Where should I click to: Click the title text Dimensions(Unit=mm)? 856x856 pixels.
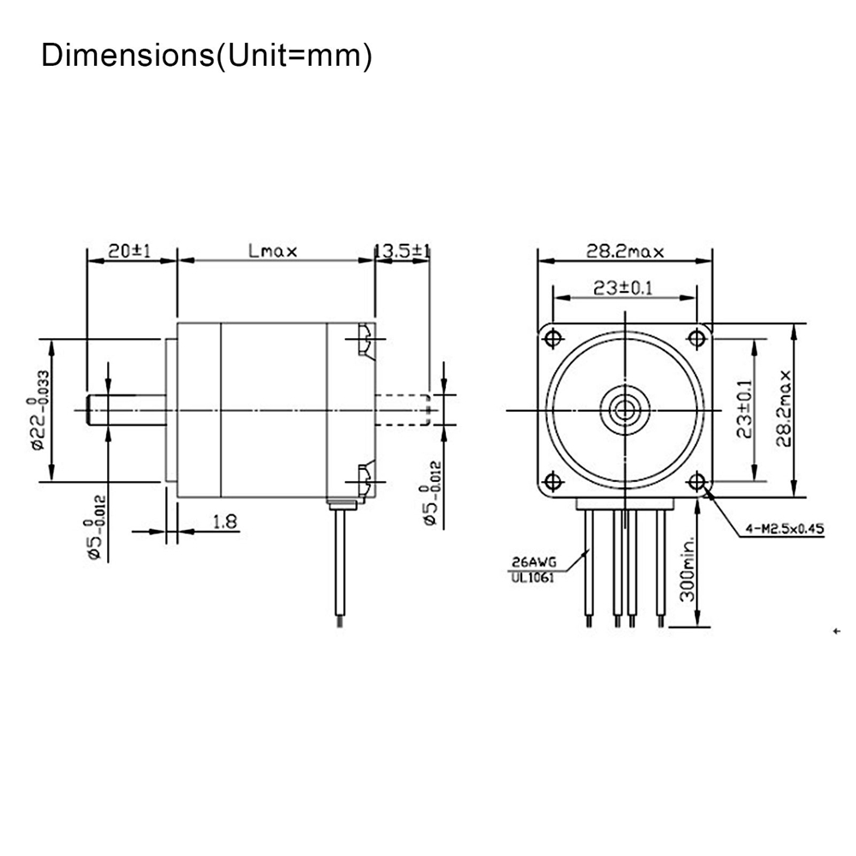point(206,56)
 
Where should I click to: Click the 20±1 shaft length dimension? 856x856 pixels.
point(129,251)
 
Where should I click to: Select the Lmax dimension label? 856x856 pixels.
point(272,251)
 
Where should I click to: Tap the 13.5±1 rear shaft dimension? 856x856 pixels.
point(402,251)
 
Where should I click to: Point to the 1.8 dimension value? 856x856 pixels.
point(225,522)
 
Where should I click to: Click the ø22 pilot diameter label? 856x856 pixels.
point(40,410)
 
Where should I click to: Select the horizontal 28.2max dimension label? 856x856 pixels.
point(625,252)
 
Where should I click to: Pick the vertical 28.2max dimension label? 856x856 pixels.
point(784,409)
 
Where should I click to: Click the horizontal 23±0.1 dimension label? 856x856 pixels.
point(623,288)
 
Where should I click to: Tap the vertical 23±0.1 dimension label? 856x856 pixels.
point(745,409)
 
